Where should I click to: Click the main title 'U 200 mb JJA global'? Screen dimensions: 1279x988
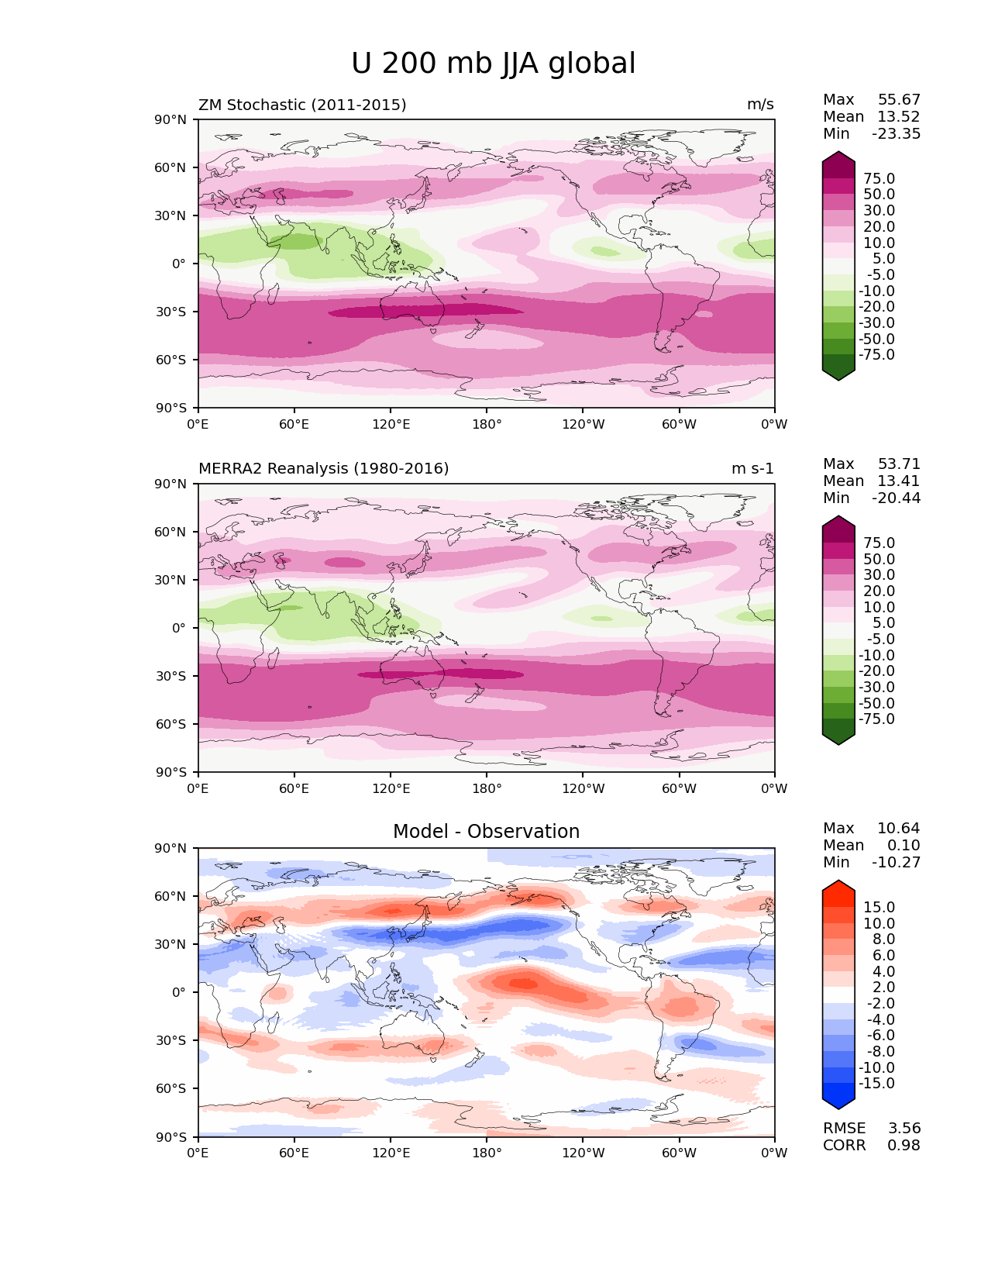pos(493,64)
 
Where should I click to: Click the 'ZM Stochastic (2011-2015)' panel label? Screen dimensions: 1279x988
pos(302,105)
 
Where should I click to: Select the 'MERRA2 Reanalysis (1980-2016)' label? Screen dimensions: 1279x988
pos(323,468)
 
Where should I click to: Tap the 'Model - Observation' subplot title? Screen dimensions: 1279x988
pos(486,831)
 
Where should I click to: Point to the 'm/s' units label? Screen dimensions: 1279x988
pos(759,105)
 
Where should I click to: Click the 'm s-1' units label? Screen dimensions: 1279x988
pos(752,468)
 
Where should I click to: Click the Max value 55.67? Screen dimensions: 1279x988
pos(899,100)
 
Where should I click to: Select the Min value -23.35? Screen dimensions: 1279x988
pos(896,133)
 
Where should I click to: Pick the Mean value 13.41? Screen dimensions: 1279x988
pos(898,481)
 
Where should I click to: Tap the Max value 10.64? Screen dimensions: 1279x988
pos(898,828)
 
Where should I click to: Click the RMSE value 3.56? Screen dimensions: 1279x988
pos(904,1128)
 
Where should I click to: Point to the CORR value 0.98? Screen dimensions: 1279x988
pos(904,1145)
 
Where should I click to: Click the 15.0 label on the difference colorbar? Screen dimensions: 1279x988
pos(879,907)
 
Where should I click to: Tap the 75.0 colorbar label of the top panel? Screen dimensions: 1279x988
pos(879,178)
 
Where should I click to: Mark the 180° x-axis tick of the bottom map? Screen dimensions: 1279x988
pos(487,1153)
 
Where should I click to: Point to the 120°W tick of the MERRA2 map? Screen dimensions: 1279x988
pos(583,788)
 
